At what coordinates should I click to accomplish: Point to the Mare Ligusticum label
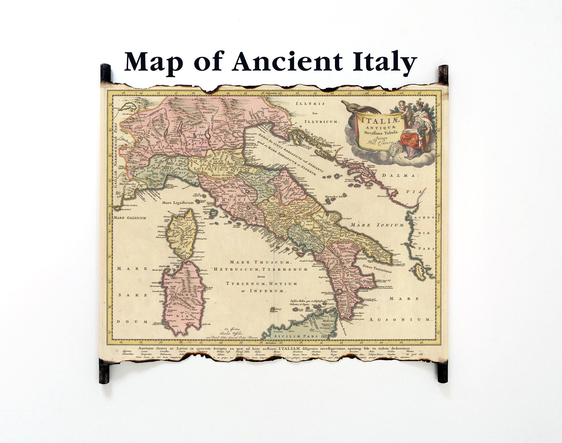click(178, 202)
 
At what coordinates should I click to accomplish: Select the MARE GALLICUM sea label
click(129, 218)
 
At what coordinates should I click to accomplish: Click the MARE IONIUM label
click(377, 225)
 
